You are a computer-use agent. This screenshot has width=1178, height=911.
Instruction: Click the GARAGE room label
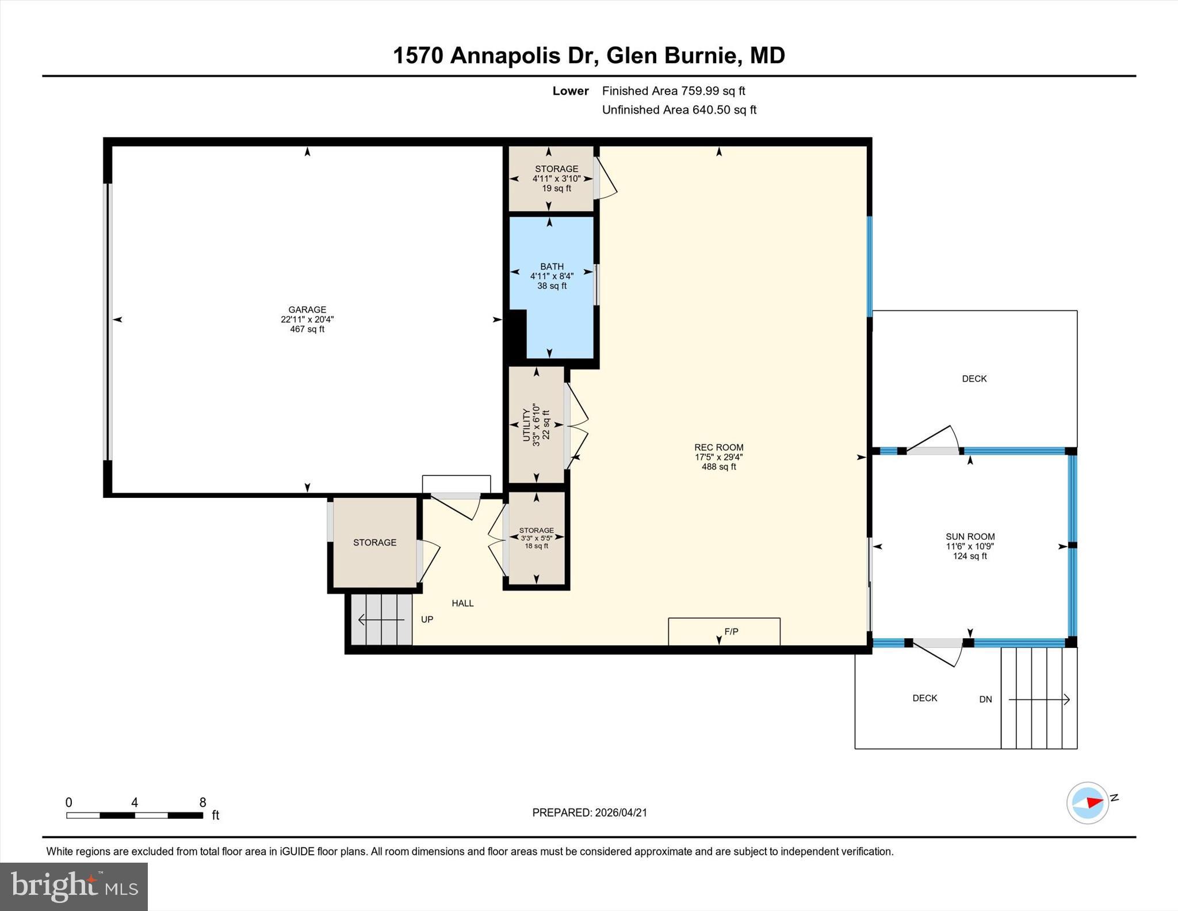[x=307, y=310]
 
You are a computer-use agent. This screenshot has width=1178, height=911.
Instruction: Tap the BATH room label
[x=552, y=266]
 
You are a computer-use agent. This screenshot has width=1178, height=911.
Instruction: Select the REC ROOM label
[x=718, y=447]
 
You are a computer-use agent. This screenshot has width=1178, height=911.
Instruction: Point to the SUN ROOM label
[x=970, y=536]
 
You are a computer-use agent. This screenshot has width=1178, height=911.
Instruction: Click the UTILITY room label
[x=526, y=425]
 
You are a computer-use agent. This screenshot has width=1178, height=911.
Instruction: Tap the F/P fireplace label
[x=731, y=631]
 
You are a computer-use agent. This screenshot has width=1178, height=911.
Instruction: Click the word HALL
[x=462, y=603]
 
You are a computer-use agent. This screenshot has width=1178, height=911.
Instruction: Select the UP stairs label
[x=427, y=619]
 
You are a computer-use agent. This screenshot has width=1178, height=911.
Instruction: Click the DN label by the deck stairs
[x=985, y=699]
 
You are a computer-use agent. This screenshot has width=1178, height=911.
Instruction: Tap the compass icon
[x=1088, y=802]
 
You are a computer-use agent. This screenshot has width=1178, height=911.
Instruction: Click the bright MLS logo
[x=74, y=887]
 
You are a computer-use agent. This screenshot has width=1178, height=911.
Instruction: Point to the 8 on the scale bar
[x=202, y=802]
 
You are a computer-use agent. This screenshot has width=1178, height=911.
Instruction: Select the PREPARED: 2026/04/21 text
[x=590, y=813]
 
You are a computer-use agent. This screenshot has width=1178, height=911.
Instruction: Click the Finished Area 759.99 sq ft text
[x=674, y=91]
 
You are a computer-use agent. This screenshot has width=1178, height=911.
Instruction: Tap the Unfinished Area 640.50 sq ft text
[x=679, y=110]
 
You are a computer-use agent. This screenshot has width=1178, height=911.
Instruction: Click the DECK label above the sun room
[x=974, y=379]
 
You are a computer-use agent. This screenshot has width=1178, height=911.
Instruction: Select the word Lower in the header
[x=571, y=91]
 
